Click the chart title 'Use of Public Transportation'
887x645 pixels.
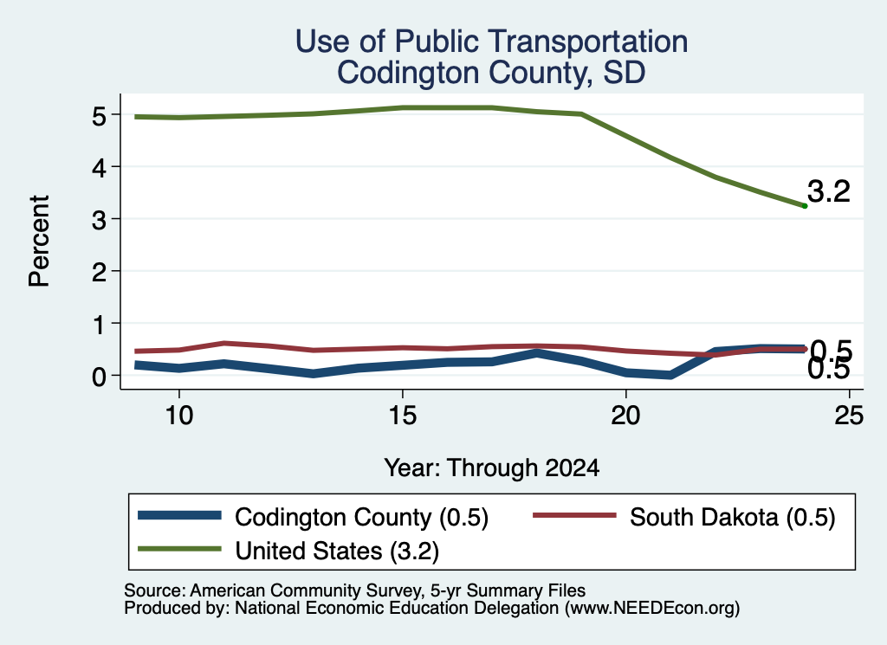coord(491,42)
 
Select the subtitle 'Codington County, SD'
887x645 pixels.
coord(491,73)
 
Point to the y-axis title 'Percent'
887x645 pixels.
coord(39,242)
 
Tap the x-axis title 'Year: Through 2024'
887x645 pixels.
coord(492,468)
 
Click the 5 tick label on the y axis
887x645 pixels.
coord(100,116)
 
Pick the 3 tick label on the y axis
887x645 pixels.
coord(100,220)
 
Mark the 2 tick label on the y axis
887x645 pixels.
coord(100,273)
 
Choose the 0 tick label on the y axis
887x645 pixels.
coord(100,377)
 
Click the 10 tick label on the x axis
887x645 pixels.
coord(179,416)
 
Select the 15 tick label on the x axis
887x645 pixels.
coord(402,416)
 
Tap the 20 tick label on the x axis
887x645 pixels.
coord(625,416)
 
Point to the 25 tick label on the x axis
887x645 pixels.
coord(849,416)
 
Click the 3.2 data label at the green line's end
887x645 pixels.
coord(829,191)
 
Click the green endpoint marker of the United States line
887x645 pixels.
coord(805,206)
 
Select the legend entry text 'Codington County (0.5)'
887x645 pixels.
coord(361,517)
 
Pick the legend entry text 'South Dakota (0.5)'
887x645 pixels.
coord(733,517)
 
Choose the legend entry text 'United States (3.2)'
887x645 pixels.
coord(337,551)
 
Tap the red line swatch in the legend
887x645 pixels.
coord(575,515)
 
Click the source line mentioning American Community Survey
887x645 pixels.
coord(354,590)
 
